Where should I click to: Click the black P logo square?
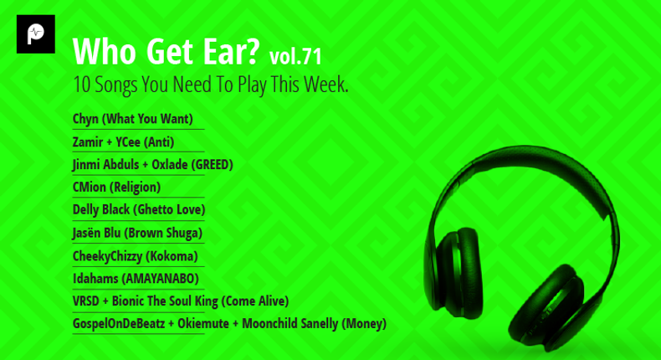click(x=36, y=34)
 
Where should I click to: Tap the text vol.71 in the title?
click(x=295, y=57)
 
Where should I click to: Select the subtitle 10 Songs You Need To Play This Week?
click(x=211, y=85)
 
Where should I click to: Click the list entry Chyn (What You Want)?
click(x=133, y=119)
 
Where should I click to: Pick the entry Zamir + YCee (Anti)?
click(x=124, y=141)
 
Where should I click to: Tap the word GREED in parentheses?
click(x=212, y=164)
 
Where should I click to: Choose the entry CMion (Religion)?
click(x=117, y=187)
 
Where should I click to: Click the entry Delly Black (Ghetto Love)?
click(x=139, y=209)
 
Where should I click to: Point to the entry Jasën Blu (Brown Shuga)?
click(x=137, y=233)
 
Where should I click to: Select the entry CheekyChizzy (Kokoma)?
click(x=136, y=255)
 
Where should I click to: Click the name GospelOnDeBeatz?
click(x=119, y=324)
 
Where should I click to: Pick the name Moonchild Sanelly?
click(x=290, y=324)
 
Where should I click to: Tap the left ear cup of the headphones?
click(x=455, y=272)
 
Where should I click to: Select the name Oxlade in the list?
click(x=170, y=164)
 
